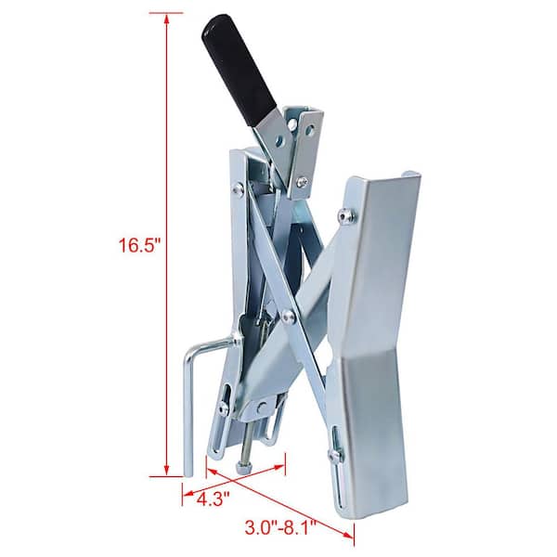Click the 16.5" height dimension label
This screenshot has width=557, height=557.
(x=139, y=245)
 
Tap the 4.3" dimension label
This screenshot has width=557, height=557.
(x=214, y=499)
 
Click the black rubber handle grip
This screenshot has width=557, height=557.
(x=240, y=70)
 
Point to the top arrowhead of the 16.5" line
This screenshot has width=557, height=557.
(x=166, y=19)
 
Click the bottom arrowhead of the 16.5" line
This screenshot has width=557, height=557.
(x=166, y=470)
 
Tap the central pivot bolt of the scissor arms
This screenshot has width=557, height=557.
(x=288, y=316)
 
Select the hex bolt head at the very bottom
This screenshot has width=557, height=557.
(x=242, y=468)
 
